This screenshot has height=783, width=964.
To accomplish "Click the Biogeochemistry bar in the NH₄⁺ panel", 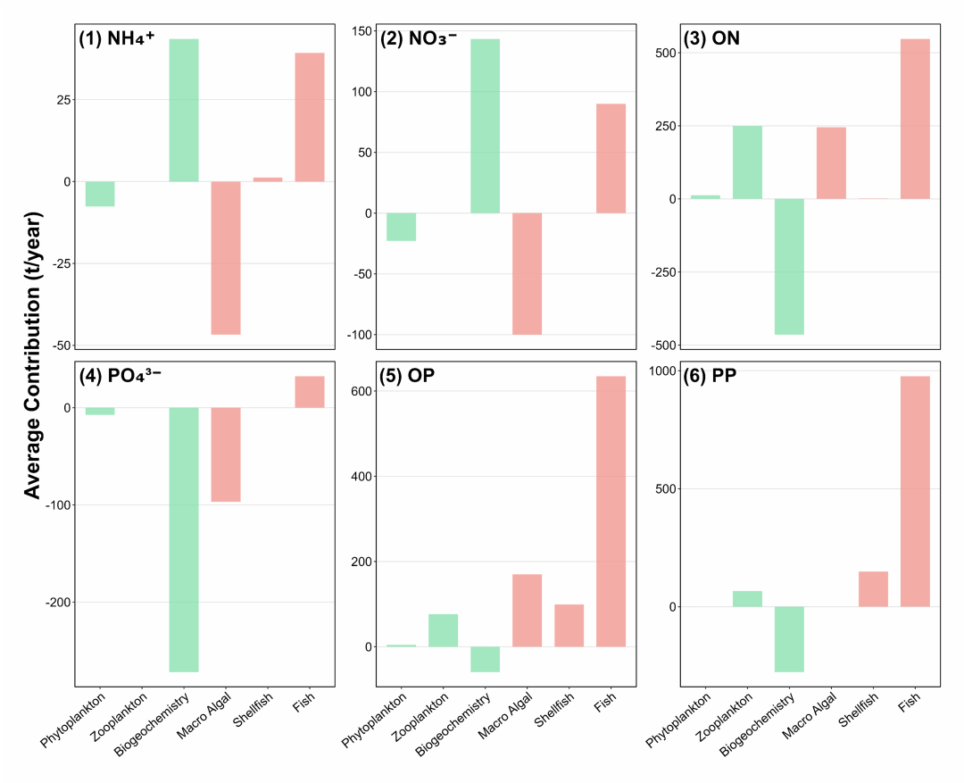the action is (x=184, y=110).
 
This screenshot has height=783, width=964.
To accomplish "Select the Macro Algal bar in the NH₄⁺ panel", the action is (x=226, y=258).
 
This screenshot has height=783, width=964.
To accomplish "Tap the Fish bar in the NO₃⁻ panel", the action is (x=611, y=158).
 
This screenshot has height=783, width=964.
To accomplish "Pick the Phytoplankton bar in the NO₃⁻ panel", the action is (x=401, y=227).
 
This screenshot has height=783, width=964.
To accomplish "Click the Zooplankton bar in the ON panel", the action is (x=747, y=162).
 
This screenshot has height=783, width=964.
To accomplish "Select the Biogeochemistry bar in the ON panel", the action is (x=789, y=266).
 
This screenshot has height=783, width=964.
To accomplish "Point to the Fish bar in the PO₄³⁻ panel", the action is (x=310, y=392).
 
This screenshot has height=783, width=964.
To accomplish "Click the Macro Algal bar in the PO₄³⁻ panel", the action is (x=226, y=454).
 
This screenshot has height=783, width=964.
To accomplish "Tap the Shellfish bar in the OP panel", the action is (x=569, y=626).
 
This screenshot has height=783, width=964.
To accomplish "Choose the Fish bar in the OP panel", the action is (x=611, y=511).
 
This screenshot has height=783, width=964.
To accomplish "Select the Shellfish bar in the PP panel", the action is (x=873, y=589).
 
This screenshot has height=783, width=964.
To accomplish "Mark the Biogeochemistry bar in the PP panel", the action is (x=789, y=639).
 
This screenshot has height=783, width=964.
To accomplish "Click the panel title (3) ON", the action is (x=711, y=38).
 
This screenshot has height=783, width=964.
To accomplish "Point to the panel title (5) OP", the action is (x=407, y=375).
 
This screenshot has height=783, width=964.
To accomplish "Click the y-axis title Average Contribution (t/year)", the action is (x=32, y=355).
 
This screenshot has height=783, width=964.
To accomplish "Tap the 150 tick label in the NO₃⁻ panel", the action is (x=362, y=30).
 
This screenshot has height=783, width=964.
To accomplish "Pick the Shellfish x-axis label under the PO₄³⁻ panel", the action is (x=253, y=709).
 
